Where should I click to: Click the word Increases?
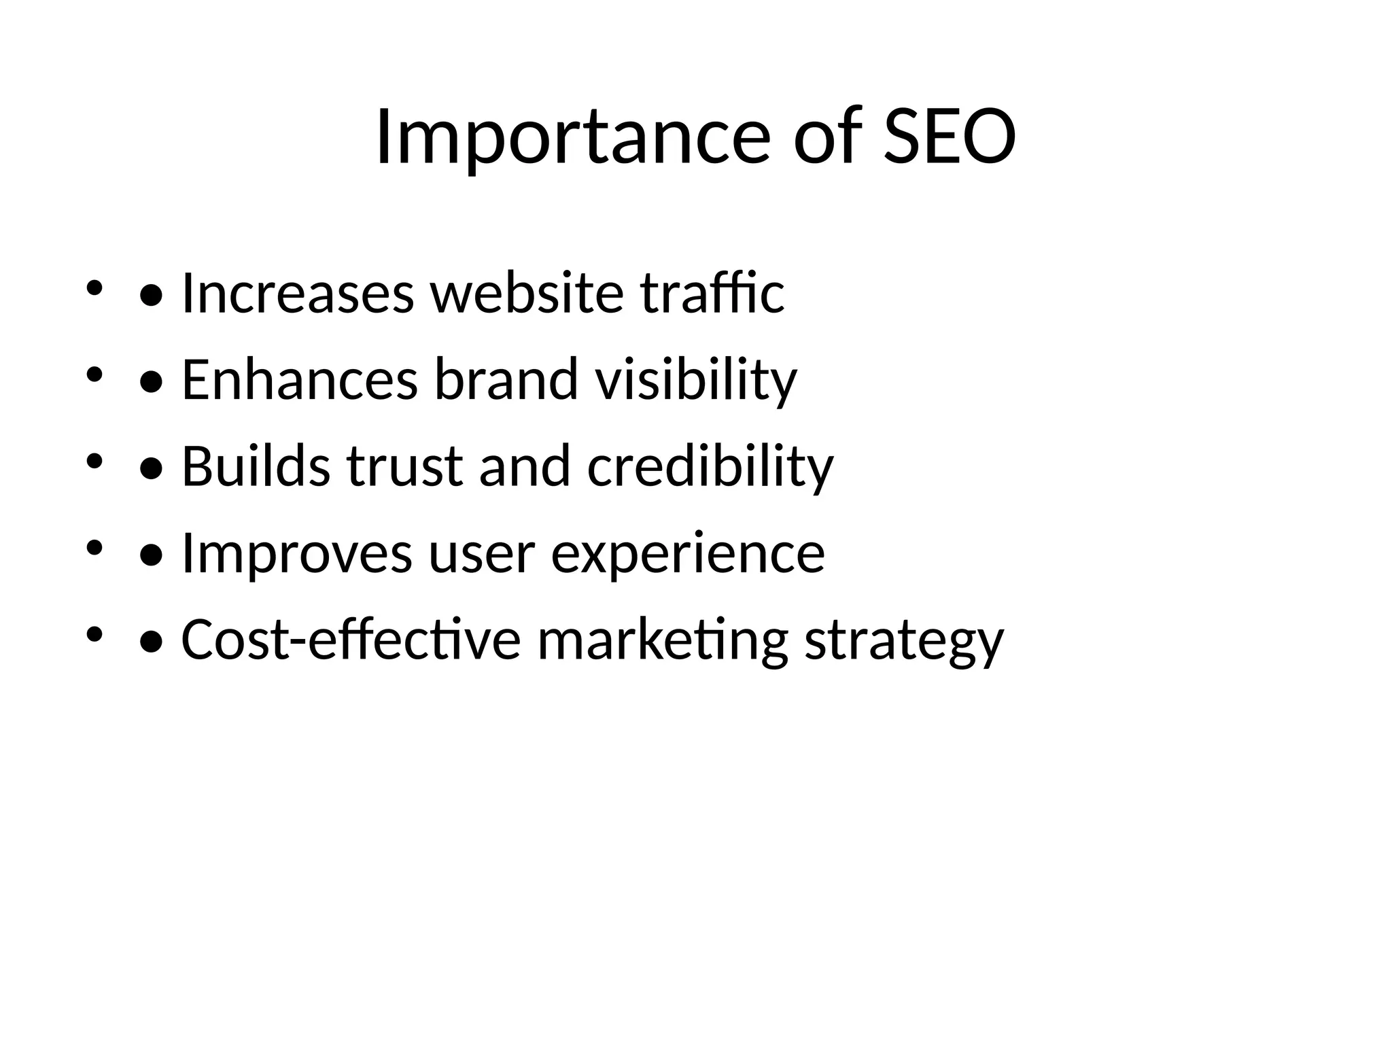298,293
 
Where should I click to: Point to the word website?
527,293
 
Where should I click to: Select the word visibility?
696,381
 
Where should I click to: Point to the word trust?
404,466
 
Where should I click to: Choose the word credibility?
710,468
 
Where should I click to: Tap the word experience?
687,555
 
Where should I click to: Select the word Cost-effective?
351,640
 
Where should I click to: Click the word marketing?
663,641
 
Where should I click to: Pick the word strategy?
904,641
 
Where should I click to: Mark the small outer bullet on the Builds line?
94,462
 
